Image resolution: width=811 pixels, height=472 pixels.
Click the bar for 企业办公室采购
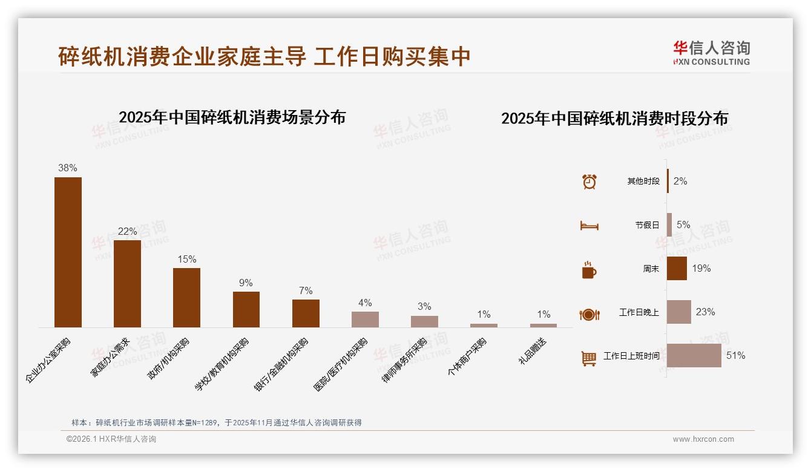click(68, 252)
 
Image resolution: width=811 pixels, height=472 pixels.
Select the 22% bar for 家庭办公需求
click(127, 283)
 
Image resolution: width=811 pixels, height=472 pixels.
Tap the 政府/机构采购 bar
click(186, 297)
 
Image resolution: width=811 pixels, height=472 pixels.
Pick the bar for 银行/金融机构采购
click(306, 313)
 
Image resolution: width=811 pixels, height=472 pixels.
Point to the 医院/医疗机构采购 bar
click(365, 319)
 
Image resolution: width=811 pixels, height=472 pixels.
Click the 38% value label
click(68, 168)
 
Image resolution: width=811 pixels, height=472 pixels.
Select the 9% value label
click(246, 283)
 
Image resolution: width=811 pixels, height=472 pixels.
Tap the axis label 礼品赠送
click(533, 350)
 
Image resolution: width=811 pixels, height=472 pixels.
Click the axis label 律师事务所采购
click(405, 359)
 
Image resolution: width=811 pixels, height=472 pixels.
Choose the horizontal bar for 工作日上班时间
click(694, 355)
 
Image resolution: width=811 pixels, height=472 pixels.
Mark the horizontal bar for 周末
click(677, 268)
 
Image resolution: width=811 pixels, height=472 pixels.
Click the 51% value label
click(735, 356)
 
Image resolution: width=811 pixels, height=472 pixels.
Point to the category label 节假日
click(647, 225)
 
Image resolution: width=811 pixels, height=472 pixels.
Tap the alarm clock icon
click(589, 182)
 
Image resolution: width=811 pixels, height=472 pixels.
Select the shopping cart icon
click(589, 358)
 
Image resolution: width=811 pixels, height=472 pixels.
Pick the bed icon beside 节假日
click(589, 226)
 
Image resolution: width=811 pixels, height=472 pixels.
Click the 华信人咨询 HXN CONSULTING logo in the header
click(711, 53)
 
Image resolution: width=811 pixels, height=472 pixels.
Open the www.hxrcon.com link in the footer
click(703, 439)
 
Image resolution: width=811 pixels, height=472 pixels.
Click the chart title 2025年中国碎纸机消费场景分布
click(232, 117)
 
